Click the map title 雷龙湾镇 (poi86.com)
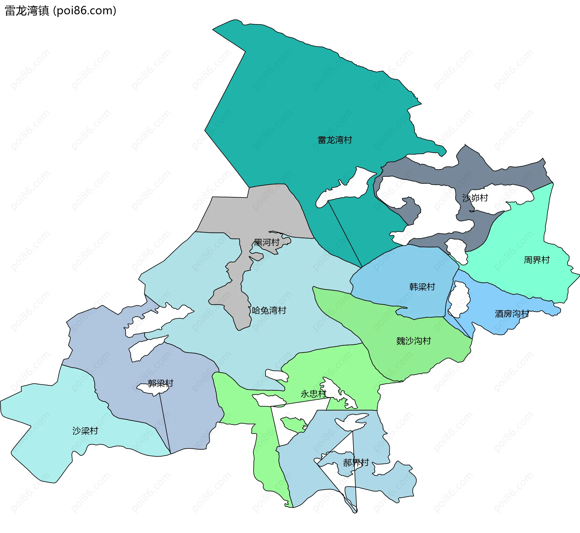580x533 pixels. (60, 11)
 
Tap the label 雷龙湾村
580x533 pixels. (335, 140)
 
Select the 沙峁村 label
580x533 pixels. (475, 198)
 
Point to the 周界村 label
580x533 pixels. (536, 260)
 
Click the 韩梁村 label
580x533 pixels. (422, 287)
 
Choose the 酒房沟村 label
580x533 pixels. (512, 314)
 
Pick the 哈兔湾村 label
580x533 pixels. (269, 310)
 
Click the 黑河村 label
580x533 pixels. (266, 242)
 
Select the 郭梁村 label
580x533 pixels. (160, 384)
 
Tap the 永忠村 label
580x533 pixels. (314, 394)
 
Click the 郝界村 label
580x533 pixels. (356, 463)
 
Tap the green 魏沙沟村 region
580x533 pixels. (423, 359)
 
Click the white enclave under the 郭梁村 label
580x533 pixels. (153, 389)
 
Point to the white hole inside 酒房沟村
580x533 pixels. (459, 299)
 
